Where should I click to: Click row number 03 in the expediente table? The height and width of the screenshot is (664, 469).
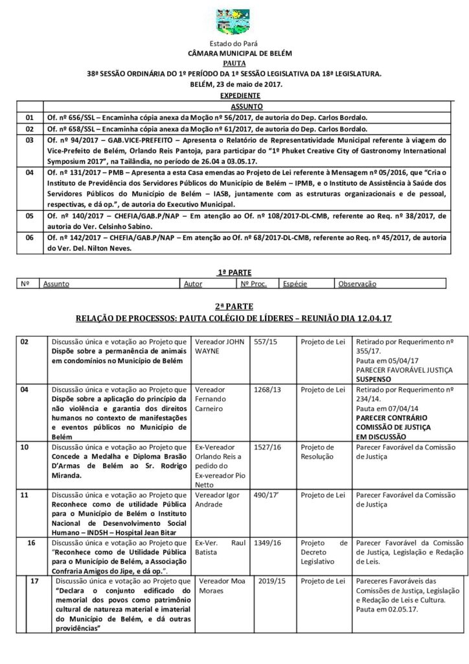coord(29,139)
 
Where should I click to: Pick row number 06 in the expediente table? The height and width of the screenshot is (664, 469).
coord(29,238)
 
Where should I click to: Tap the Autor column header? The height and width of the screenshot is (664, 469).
coord(193,284)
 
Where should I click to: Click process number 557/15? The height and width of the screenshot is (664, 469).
coord(263,342)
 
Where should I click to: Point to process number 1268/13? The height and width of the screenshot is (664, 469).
coord(265,390)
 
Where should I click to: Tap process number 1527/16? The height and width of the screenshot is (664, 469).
coord(265,447)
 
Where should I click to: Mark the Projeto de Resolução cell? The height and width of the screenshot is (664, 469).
coord(318,452)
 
